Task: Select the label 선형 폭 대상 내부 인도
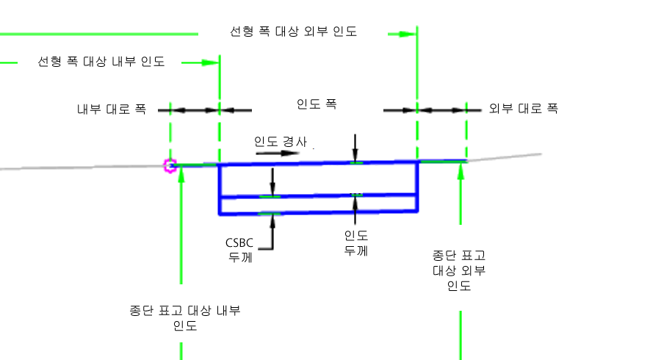coord(101,62)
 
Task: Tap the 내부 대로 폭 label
coord(112,109)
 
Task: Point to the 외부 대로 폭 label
coord(524,109)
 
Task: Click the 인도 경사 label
coord(280,141)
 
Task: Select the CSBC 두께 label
coord(239,248)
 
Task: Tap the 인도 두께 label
coord(356,242)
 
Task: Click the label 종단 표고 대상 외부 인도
coord(459,270)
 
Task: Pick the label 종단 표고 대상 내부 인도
coord(184,317)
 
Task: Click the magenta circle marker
coord(171,165)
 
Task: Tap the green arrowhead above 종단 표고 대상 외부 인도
coord(461,170)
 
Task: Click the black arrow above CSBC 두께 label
coord(272,220)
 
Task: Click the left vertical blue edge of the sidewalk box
coord(220,189)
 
